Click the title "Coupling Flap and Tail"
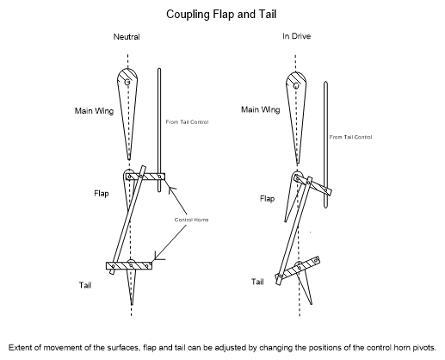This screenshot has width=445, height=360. coord(221,15)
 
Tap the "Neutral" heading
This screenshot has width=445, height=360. coord(127,37)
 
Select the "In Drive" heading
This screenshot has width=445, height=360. coord(296,36)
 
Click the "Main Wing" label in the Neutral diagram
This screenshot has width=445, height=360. coord(94,111)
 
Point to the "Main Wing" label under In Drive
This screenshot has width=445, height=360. coord(261,109)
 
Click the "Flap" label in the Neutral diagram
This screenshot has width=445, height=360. coord(102,193)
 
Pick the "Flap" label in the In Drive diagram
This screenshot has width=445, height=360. coord(268,198)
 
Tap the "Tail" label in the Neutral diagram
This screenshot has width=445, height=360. coord(85,285)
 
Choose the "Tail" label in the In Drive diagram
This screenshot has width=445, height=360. coord(257,282)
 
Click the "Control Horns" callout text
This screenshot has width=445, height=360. coord(191,220)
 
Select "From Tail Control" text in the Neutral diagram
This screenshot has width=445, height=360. coord(187,122)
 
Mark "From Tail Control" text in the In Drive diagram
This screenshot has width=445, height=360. coord(350,137)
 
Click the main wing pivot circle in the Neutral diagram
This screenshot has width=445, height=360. coord(127,82)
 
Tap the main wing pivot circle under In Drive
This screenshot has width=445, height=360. coord(296,85)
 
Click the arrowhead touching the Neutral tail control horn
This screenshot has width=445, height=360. coord(157,258)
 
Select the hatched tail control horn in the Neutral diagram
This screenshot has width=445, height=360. coord(129,266)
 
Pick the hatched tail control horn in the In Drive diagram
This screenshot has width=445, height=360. coord(298,268)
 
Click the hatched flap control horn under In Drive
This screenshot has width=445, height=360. coord(313,185)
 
